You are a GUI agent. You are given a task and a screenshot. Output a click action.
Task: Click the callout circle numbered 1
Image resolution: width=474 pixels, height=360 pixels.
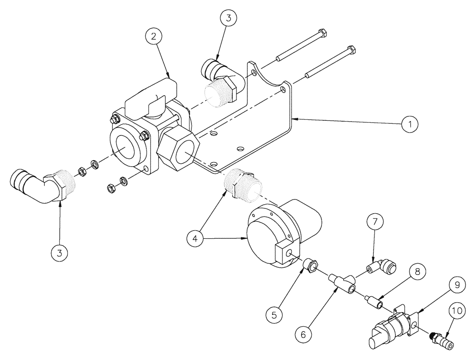click(410, 125)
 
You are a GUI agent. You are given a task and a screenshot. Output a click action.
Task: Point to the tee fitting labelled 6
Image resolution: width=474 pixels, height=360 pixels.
click(344, 283)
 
